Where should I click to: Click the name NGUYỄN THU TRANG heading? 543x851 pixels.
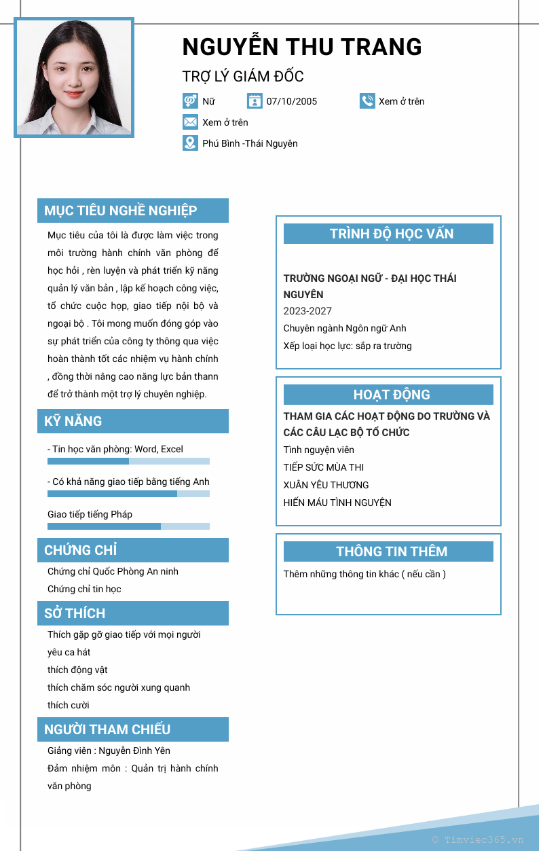click(x=302, y=47)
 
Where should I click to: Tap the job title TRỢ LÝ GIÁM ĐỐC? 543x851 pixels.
click(x=243, y=76)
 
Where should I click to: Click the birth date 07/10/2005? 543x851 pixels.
click(x=291, y=101)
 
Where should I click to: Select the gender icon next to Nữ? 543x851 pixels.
click(x=190, y=101)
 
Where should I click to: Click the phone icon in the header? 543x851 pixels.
click(x=367, y=101)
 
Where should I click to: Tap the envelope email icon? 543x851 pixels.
click(x=190, y=122)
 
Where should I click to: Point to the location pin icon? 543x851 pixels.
click(x=190, y=143)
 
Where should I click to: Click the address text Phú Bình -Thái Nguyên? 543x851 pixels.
click(x=250, y=143)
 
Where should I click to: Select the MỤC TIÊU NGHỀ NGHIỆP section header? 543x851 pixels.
click(x=133, y=211)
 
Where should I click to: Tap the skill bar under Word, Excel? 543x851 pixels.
click(x=128, y=461)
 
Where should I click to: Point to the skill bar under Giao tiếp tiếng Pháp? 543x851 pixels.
click(x=128, y=526)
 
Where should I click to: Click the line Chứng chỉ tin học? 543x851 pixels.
click(x=84, y=589)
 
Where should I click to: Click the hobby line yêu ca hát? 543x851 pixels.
click(x=69, y=652)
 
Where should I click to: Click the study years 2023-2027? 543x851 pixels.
click(x=307, y=311)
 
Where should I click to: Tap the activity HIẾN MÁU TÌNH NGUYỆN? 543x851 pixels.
click(x=337, y=503)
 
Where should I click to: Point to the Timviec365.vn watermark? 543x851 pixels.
click(x=478, y=839)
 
